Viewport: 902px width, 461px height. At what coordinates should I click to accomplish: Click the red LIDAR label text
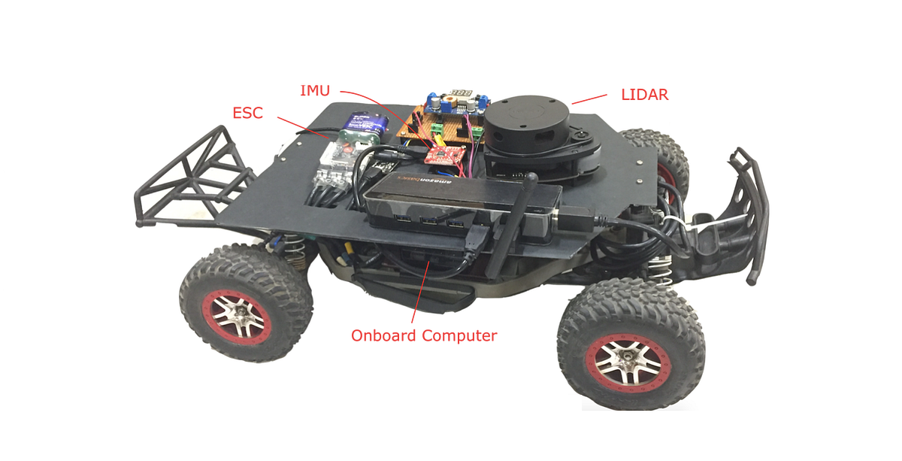tap(644, 95)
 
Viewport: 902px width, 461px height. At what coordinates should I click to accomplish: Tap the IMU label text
tap(315, 91)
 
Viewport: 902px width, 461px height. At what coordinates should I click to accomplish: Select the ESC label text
tap(247, 113)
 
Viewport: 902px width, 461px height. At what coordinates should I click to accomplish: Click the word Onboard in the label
tap(383, 335)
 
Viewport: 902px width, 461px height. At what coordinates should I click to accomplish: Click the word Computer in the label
tap(459, 336)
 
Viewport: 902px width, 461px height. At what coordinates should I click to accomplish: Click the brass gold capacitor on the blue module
tap(449, 99)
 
